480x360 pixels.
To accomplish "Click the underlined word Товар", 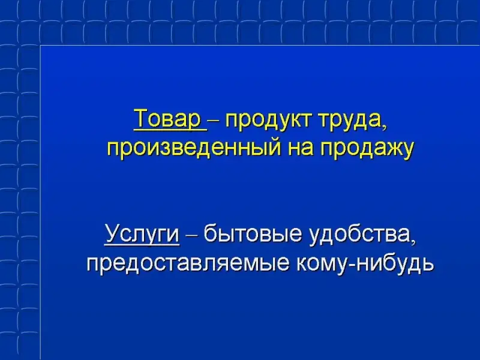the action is [167, 119].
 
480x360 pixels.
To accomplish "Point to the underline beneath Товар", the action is [170, 130].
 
